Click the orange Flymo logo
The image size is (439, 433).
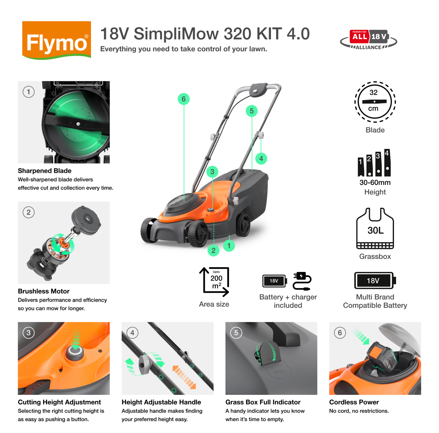[x=56, y=40]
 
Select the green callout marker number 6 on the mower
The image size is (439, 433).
[x=184, y=99]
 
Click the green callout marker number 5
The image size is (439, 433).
[x=251, y=111]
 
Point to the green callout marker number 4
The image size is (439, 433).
[x=261, y=159]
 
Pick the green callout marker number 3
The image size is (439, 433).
[x=212, y=172]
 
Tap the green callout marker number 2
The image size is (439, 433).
[x=213, y=250]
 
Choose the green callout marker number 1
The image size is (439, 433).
[x=229, y=246]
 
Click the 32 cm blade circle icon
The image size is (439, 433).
[x=375, y=102]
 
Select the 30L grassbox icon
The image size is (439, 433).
[x=375, y=229]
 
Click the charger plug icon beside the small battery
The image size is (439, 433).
[x=302, y=281]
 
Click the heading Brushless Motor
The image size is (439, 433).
[x=44, y=291]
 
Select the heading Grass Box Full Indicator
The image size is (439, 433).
[x=263, y=402]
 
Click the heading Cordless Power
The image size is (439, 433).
[x=354, y=402]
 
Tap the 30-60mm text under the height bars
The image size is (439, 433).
[x=375, y=182]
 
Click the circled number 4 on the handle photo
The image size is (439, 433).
[x=132, y=333]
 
